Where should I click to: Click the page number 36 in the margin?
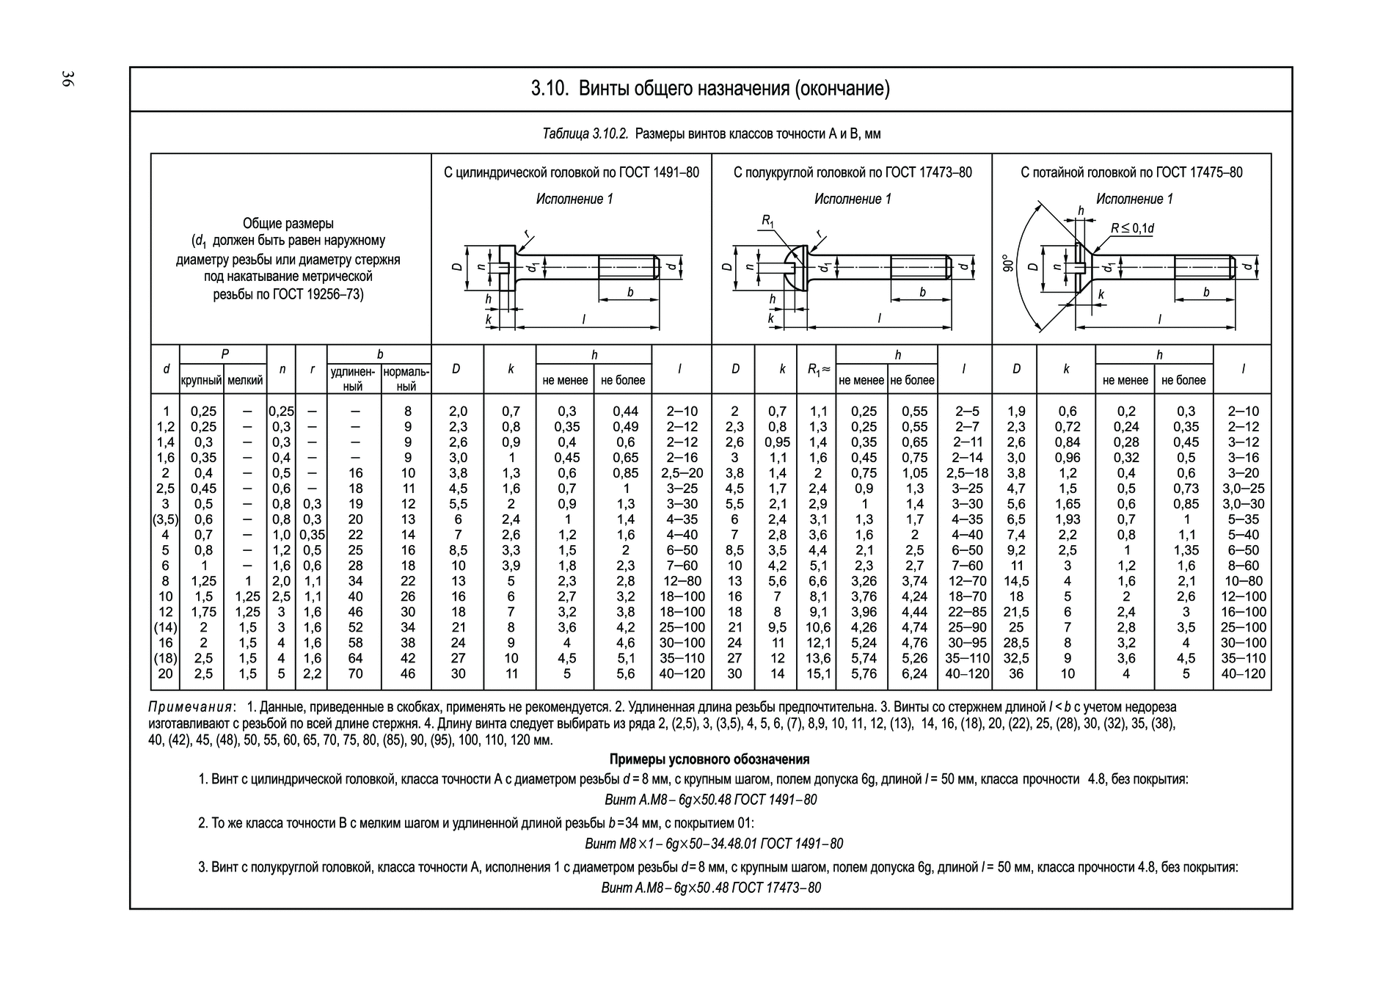point(67,80)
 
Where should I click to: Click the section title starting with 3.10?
point(709,90)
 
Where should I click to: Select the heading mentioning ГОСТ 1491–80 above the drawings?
point(571,172)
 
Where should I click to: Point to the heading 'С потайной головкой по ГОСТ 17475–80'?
point(1131,172)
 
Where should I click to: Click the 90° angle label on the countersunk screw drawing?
point(1010,264)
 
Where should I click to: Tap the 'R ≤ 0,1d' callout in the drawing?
point(1131,228)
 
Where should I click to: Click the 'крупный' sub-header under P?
point(202,381)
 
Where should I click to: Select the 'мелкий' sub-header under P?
point(245,381)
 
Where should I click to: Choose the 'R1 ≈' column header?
point(817,370)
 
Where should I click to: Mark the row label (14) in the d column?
point(165,627)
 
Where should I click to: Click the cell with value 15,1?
point(817,673)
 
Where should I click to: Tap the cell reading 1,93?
point(1067,519)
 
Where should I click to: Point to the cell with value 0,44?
point(625,412)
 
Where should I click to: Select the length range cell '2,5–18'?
point(966,473)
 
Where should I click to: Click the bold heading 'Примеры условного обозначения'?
point(709,759)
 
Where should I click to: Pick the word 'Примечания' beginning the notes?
point(191,707)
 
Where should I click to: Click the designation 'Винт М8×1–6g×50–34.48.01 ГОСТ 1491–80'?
point(713,844)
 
